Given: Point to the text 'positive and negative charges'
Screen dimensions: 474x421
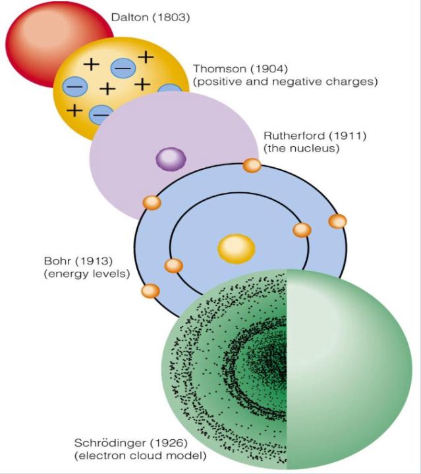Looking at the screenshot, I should pyautogui.click(x=285, y=82).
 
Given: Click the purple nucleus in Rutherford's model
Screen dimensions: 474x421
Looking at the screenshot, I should pyautogui.click(x=170, y=159).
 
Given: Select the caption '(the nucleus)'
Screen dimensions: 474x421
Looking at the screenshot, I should pyautogui.click(x=301, y=149).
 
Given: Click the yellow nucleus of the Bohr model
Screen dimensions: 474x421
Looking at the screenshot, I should pyautogui.click(x=236, y=248).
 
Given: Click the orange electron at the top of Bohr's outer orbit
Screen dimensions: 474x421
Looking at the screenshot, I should pyautogui.click(x=252, y=165).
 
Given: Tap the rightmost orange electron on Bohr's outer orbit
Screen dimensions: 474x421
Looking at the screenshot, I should pyautogui.click(x=337, y=221).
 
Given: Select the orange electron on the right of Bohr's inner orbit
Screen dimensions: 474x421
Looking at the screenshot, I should pyautogui.click(x=302, y=230).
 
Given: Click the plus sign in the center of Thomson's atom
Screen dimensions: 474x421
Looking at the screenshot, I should pyautogui.click(x=107, y=88).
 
